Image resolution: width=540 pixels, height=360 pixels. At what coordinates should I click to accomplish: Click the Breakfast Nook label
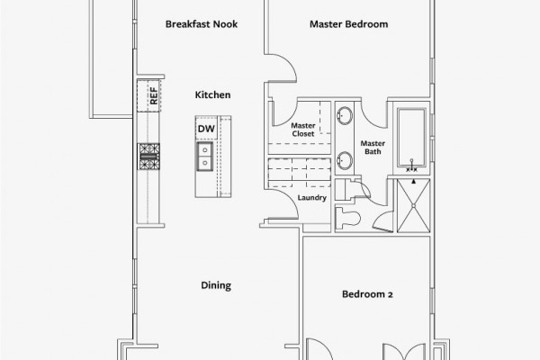click(x=202, y=24)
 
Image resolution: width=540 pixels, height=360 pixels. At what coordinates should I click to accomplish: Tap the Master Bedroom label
click(x=349, y=24)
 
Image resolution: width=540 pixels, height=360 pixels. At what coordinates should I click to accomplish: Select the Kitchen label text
click(x=212, y=94)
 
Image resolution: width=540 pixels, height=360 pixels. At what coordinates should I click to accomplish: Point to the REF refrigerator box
click(x=148, y=95)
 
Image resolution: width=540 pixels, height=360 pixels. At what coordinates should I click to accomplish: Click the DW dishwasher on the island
click(x=206, y=128)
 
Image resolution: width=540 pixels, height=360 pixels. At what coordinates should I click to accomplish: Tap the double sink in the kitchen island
click(x=205, y=156)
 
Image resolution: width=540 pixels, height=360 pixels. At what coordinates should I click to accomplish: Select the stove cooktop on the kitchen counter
click(x=148, y=157)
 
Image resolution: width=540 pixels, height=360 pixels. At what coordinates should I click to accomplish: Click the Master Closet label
click(x=303, y=130)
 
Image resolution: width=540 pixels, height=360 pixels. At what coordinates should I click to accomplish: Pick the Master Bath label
click(x=373, y=148)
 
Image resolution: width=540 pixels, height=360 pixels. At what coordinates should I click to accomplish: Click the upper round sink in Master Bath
click(x=345, y=115)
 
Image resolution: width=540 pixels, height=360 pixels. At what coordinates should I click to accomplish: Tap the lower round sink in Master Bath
click(x=345, y=160)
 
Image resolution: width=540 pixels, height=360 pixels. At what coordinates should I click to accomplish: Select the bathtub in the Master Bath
click(x=411, y=138)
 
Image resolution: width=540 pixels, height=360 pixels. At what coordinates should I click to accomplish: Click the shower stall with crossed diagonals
click(x=414, y=206)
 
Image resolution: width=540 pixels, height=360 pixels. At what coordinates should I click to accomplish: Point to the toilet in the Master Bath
click(x=347, y=218)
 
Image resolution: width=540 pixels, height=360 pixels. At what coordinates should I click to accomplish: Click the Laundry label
click(x=312, y=198)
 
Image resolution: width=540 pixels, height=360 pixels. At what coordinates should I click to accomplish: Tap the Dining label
click(x=216, y=285)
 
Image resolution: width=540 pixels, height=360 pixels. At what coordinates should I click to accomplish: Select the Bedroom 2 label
click(x=367, y=294)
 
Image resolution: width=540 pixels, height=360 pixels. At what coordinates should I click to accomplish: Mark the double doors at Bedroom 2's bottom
click(x=404, y=351)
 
